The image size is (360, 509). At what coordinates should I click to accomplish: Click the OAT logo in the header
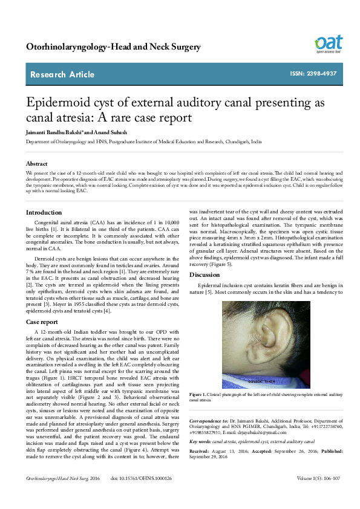[328, 44]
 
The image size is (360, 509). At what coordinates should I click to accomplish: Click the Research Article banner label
[63, 74]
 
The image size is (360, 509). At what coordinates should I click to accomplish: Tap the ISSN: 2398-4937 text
[312, 74]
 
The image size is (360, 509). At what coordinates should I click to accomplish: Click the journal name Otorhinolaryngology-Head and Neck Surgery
[113, 47]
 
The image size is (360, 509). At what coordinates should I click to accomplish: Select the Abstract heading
[37, 164]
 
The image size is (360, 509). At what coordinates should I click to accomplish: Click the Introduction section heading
[44, 212]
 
